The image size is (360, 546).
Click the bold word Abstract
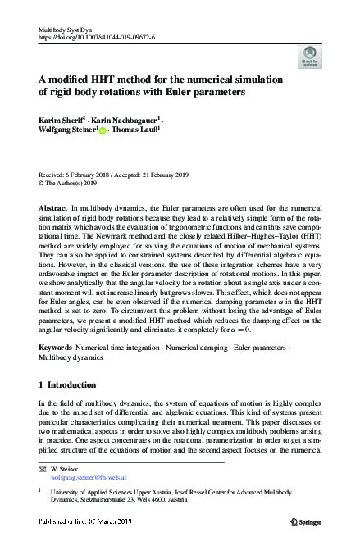pyautogui.click(x=53, y=209)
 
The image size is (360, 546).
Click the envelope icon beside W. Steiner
pyautogui.click(x=43, y=471)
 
